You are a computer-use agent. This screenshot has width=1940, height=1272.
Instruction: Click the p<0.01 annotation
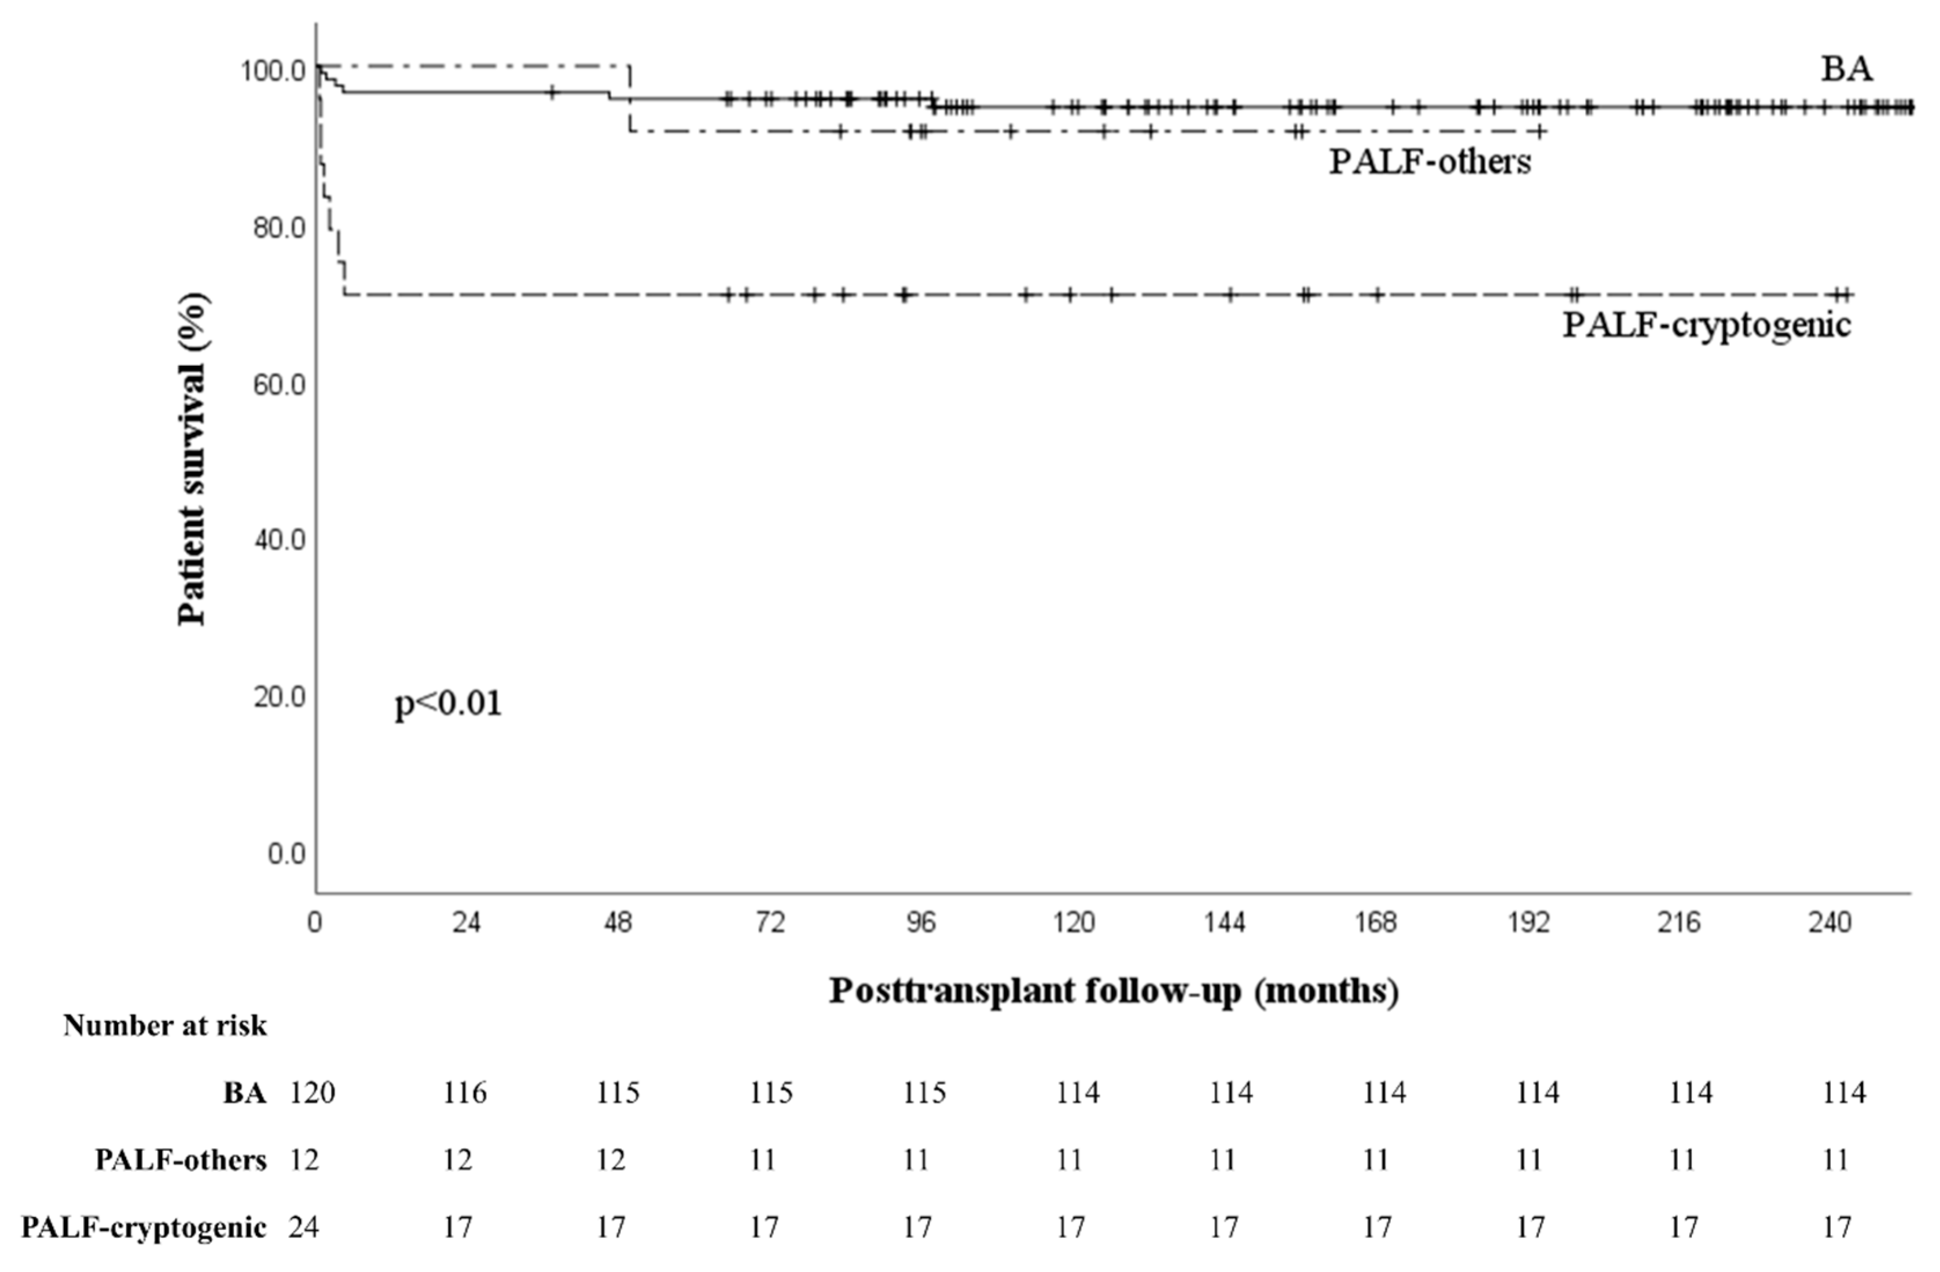449,703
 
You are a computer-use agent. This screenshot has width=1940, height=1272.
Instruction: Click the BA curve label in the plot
1846,69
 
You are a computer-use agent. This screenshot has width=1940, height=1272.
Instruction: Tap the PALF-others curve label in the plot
1430,162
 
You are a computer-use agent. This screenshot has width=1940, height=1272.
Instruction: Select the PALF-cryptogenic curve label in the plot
1707,325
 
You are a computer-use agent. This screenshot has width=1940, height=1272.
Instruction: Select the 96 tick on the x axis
921,923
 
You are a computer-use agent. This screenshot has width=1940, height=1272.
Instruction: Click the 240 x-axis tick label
1831,923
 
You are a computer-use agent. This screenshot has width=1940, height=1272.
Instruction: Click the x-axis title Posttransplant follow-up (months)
1114,991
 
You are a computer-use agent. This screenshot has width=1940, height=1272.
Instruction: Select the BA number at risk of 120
312,1092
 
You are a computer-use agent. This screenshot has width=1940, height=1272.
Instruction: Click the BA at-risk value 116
465,1092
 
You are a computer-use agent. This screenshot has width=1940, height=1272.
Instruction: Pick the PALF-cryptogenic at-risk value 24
303,1227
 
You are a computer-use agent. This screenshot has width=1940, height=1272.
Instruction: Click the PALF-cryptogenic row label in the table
144,1227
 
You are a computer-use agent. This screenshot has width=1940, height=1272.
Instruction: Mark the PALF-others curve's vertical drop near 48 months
629,98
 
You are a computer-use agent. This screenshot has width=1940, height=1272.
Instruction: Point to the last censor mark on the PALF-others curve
1539,131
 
